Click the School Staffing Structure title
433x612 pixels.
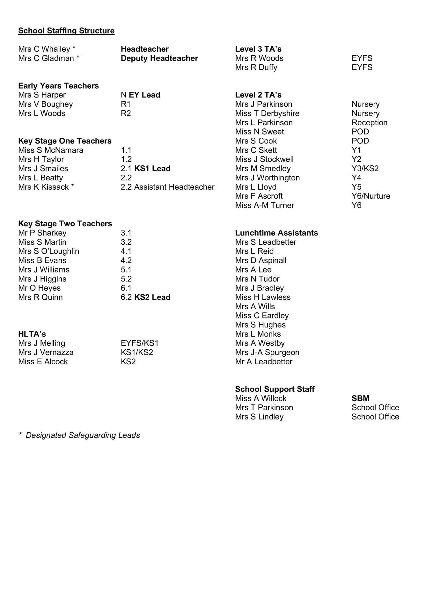click(66, 31)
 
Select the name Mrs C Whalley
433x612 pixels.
click(44, 49)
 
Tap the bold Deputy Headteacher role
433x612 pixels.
click(159, 58)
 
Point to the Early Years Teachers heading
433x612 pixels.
click(58, 86)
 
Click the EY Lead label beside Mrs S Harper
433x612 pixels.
click(144, 95)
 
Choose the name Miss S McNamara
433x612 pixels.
click(51, 150)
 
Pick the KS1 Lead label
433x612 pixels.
click(152, 169)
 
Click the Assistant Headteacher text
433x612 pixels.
click(174, 187)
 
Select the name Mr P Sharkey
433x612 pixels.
click(42, 233)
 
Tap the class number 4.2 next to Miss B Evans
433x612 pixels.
click(126, 260)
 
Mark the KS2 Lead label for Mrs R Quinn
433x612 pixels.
click(152, 297)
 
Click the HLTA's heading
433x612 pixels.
click(32, 334)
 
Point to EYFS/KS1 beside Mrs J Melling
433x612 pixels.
click(139, 343)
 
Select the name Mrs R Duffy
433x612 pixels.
click(256, 68)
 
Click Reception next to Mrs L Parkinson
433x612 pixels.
click(369, 123)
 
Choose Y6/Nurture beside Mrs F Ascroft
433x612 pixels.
click(371, 196)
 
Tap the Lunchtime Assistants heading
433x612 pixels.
click(276, 233)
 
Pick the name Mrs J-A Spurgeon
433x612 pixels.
click(267, 353)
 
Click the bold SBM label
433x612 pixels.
click(360, 398)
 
